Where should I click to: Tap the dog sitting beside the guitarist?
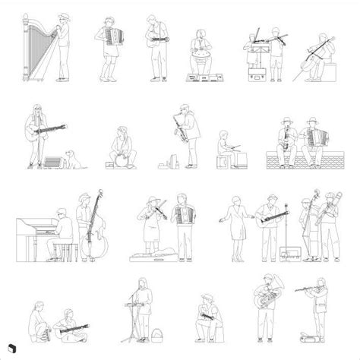coord(74,158)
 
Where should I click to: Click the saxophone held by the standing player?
coord(182,125)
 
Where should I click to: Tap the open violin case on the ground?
coord(149,257)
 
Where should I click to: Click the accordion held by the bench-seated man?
coord(310,137)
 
